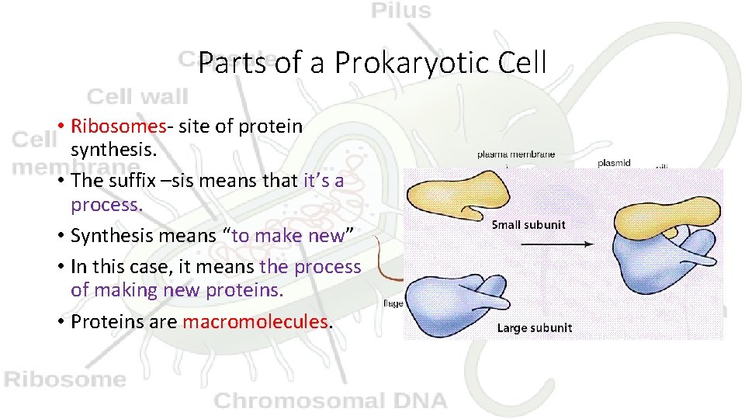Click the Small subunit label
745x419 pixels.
coord(528,225)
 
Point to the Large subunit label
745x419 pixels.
coord(534,327)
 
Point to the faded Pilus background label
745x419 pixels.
coord(400,10)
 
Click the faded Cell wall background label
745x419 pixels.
coord(137,97)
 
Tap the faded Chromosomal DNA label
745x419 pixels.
coord(331,400)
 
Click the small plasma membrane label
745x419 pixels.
coord(515,154)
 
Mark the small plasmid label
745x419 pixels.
coord(614,164)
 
